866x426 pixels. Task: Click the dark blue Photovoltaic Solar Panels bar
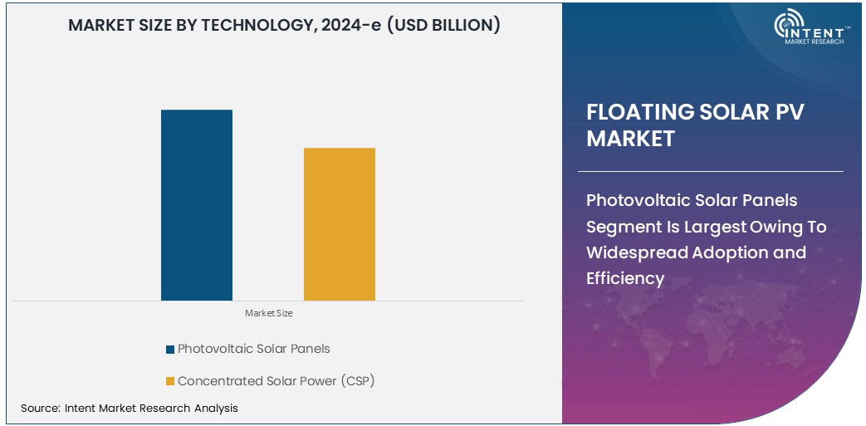197,204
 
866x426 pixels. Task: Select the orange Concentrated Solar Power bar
340,223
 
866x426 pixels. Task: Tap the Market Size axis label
268,313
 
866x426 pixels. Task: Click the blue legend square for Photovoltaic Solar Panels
170,349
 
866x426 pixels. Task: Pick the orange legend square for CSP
170,381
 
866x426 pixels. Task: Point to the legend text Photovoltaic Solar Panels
253,349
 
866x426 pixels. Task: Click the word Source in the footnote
39,408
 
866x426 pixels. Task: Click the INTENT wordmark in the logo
819,31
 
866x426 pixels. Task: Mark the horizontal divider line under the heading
714,171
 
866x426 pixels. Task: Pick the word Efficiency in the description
625,278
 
